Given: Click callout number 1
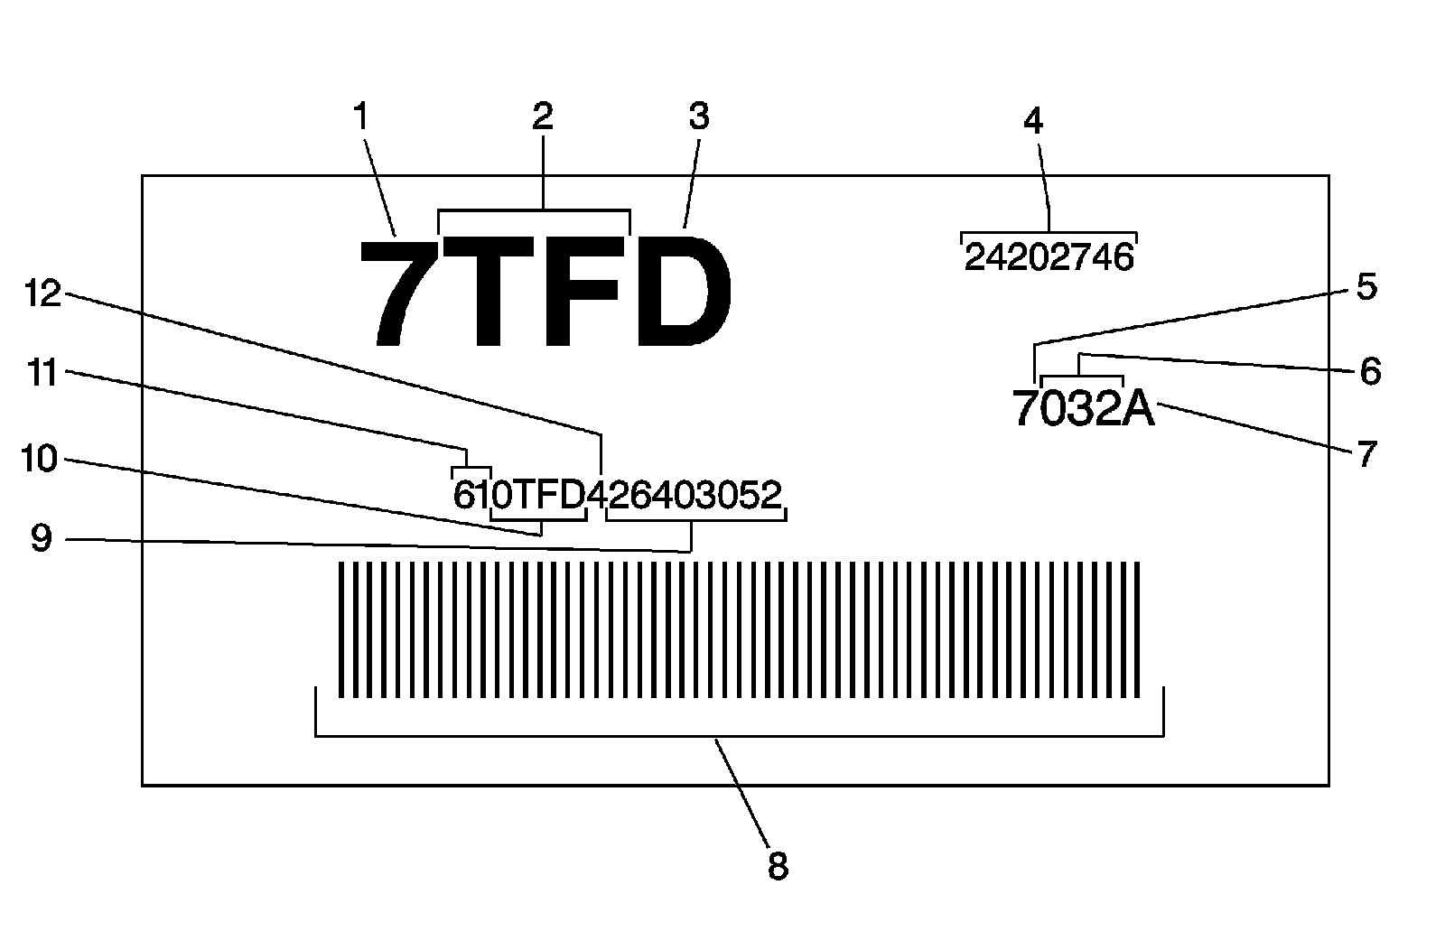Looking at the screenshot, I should point(361,117).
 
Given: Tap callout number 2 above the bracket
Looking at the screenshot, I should point(542,117).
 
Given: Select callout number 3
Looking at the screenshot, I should point(699,117).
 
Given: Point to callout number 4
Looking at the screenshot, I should point(1033,121).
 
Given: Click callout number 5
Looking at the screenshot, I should point(1366,287).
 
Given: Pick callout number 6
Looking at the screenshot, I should point(1370,371).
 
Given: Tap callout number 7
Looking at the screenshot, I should point(1366,453).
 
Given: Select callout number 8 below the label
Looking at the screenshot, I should point(778,866).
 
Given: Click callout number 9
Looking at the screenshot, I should point(42,539).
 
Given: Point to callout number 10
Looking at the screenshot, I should point(39,459).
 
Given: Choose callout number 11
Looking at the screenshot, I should point(42,371).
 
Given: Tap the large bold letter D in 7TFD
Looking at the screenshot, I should point(682,291).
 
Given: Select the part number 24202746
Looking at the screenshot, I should point(1048,258).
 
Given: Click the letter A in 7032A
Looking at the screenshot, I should point(1137,410).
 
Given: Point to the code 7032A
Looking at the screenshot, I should point(1083,410).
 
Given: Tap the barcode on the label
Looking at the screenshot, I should point(739,629).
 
